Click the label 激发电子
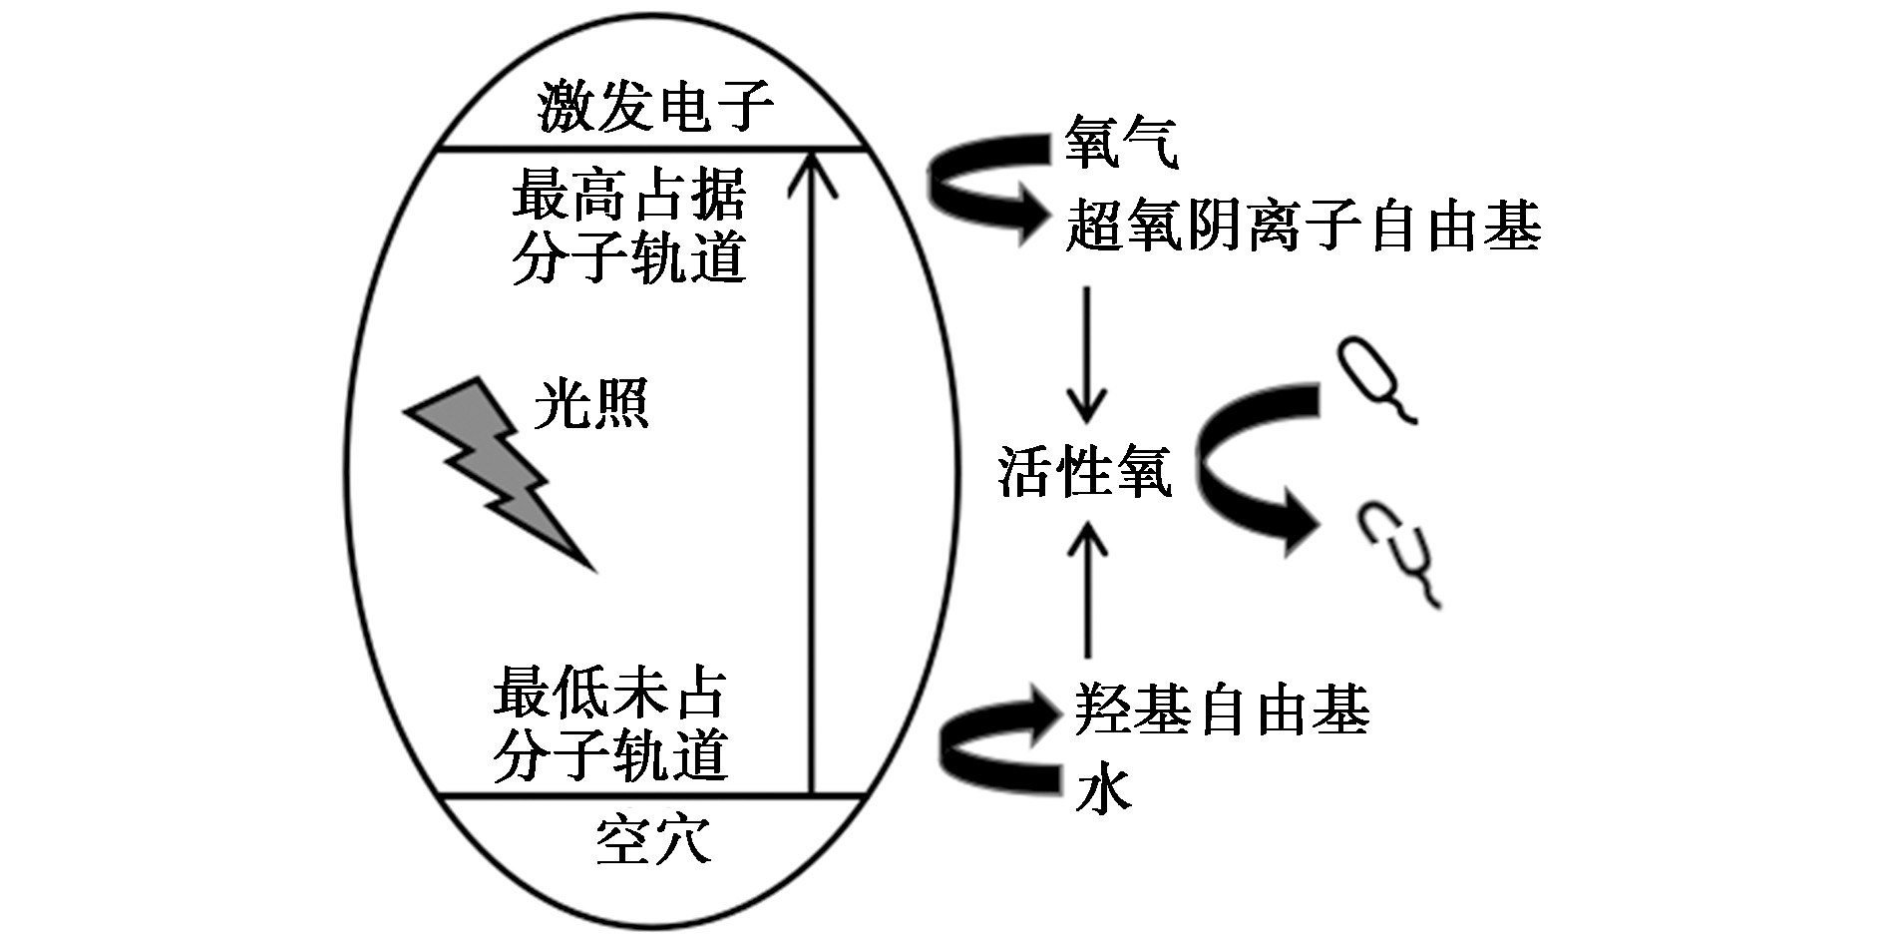(655, 108)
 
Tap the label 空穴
(653, 841)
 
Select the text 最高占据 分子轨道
(628, 227)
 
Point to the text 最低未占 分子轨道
(609, 725)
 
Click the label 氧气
(1121, 143)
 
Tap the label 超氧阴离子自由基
(1303, 226)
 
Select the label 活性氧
(1084, 471)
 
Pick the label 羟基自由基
(1221, 709)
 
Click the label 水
(1103, 791)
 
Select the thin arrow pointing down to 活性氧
(1087, 354)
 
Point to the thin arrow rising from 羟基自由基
(1087, 594)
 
